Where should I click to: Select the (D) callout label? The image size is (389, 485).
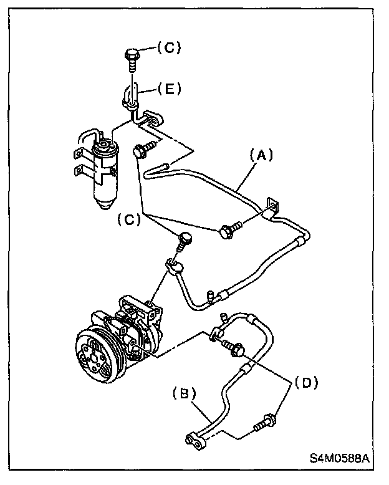305,382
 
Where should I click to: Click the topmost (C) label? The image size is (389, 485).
166,48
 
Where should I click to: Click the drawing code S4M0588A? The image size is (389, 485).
340,458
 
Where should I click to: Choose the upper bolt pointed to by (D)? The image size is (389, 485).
233,350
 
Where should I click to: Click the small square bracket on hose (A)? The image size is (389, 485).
270,206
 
